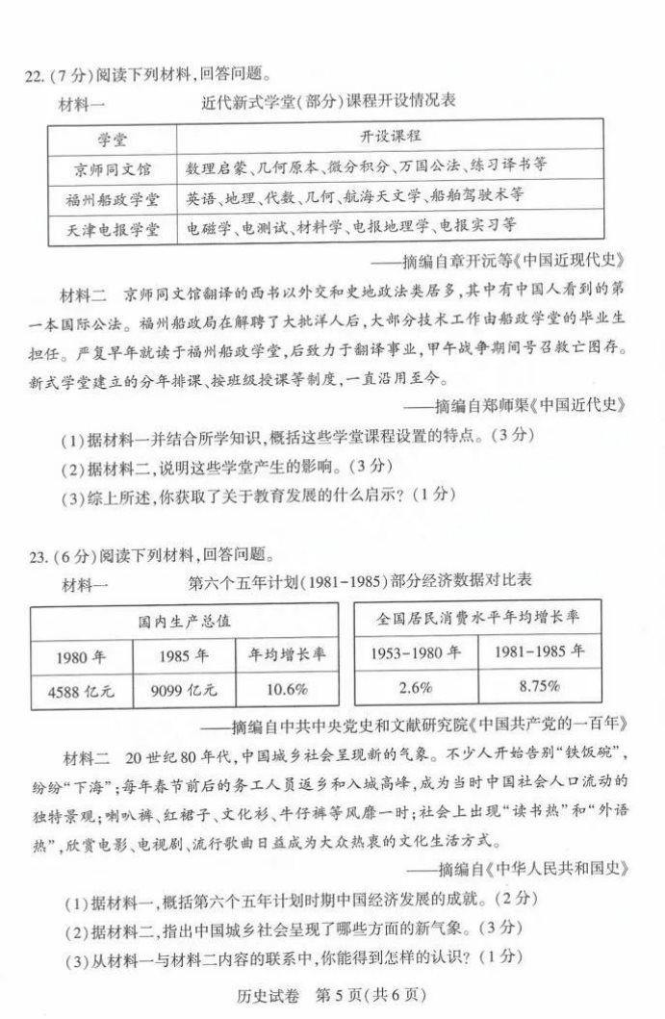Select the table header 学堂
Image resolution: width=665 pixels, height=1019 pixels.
115,136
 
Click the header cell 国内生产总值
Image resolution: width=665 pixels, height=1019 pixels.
183,621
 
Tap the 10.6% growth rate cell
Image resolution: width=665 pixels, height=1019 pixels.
287,689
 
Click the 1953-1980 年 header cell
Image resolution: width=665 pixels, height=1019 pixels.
413,651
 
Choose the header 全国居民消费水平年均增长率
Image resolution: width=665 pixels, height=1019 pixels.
475,617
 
